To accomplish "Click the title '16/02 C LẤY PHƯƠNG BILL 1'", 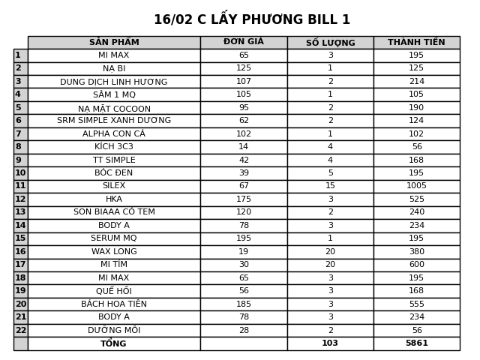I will click(252, 19).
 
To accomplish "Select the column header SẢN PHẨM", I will click(114, 43).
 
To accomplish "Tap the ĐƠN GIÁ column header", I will click(244, 43).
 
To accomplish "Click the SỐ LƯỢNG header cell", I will click(330, 43).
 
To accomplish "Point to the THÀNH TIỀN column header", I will click(416, 43).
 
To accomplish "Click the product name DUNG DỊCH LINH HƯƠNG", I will click(114, 82).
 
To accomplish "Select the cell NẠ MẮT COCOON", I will click(114, 108).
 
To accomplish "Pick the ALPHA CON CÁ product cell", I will click(114, 134).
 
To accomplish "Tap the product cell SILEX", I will click(114, 186).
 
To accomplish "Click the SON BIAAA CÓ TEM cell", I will click(114, 212).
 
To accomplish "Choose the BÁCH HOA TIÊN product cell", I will click(114, 304).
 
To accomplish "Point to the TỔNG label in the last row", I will click(114, 343).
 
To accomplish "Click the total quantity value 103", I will click(330, 343).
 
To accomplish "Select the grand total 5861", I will click(416, 343).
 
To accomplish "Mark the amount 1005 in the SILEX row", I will click(416, 186).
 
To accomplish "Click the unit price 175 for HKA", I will click(244, 199).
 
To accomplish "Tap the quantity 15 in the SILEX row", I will click(330, 186).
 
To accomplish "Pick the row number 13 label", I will click(20, 212).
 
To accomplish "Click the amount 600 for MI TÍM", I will click(416, 265).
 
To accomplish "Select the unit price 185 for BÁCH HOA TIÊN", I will click(244, 304).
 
